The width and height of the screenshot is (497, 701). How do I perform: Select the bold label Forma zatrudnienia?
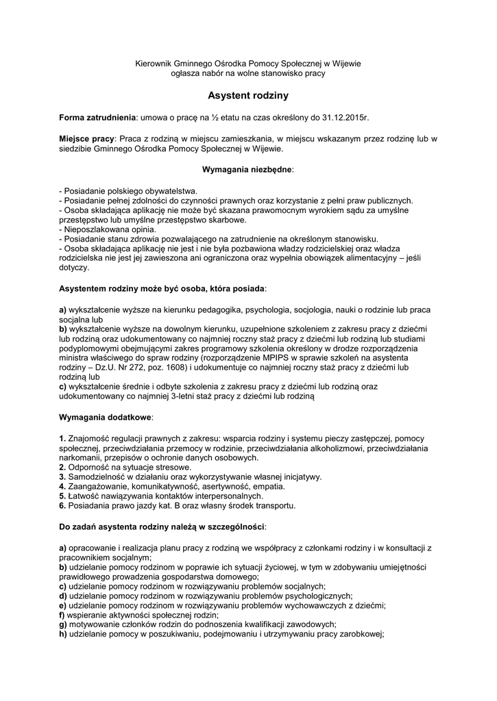[x=98, y=118]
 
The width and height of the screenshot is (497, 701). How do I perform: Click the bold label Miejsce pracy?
[x=87, y=138]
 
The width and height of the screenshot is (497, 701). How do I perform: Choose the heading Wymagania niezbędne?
[x=247, y=168]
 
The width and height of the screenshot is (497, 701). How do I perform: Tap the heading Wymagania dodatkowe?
[x=106, y=416]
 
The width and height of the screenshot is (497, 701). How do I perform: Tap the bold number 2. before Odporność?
[x=62, y=467]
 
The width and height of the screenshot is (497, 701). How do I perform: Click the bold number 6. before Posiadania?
[x=62, y=506]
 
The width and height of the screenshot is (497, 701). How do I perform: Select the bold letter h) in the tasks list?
[x=62, y=633]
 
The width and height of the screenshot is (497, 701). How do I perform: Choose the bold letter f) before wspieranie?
[x=62, y=614]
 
